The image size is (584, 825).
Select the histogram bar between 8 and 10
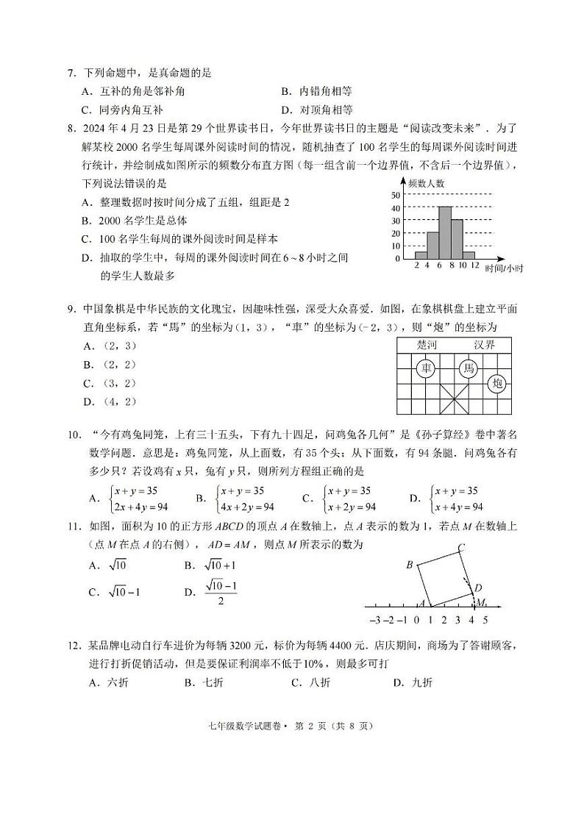(x=456, y=239)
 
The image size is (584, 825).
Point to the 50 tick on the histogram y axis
(x=395, y=195)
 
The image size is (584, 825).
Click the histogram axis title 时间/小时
(x=504, y=269)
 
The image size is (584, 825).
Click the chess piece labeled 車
(x=424, y=368)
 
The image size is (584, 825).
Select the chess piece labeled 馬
(x=468, y=368)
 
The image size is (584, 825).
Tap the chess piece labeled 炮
(x=496, y=382)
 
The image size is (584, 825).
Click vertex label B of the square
(x=410, y=565)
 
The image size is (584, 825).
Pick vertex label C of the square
(x=461, y=546)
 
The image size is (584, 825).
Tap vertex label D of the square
(x=478, y=587)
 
